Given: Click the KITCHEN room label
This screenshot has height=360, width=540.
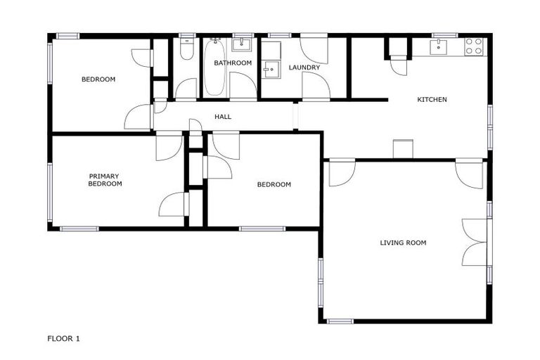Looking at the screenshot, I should [x=432, y=100].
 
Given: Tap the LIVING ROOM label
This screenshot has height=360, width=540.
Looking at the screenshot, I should [x=403, y=243].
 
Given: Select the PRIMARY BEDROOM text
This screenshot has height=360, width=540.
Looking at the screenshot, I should [x=105, y=180].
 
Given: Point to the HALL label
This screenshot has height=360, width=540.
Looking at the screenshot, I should [x=223, y=117].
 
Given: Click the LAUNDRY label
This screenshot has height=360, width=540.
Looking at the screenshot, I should [x=304, y=68].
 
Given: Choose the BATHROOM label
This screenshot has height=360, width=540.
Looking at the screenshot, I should [x=233, y=63].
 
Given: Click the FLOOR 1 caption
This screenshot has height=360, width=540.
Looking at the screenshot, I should [x=63, y=339].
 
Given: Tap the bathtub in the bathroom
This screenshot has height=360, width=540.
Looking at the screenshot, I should [x=216, y=68].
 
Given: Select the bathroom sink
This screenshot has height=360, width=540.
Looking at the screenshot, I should [x=243, y=45].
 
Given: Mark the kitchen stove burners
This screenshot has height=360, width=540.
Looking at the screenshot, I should [x=474, y=46].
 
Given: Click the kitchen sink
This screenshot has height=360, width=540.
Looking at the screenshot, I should [x=439, y=46].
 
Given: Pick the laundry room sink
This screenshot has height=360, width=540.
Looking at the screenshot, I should [x=271, y=68].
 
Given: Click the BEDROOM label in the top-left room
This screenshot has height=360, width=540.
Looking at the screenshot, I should [x=98, y=79].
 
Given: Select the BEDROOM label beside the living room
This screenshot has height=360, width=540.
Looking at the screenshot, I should [x=274, y=185].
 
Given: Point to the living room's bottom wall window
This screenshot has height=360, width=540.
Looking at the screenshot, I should [x=340, y=321].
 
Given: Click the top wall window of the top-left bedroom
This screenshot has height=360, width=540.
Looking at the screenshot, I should [x=68, y=35].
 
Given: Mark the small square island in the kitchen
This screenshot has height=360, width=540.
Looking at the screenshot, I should [x=403, y=149].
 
